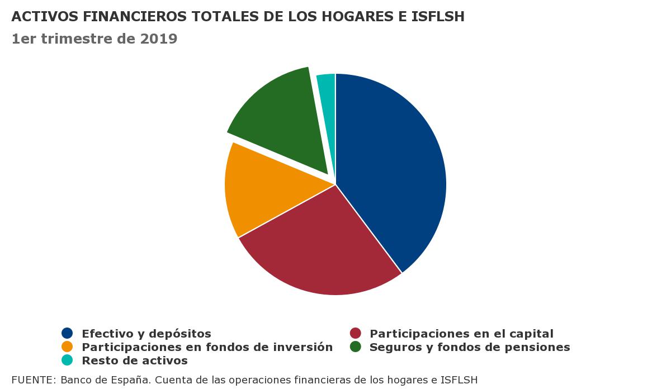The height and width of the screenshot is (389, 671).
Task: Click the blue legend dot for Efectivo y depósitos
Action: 67,333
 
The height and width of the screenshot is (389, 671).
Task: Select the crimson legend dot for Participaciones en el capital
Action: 355,333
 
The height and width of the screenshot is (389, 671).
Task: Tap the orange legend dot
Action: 67,347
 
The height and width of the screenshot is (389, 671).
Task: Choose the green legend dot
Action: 355,347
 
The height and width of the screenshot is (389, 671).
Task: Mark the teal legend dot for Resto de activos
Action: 67,360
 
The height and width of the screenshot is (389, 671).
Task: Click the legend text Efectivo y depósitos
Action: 147,334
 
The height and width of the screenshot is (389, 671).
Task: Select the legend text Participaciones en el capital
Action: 461,334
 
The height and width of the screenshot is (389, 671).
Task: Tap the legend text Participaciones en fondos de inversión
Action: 207,347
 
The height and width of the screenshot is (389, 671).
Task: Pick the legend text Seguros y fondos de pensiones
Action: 470,347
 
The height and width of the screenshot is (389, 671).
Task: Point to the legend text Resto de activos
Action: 135,360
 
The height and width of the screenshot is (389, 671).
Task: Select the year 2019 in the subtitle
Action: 159,39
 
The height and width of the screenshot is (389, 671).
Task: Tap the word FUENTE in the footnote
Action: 32,380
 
